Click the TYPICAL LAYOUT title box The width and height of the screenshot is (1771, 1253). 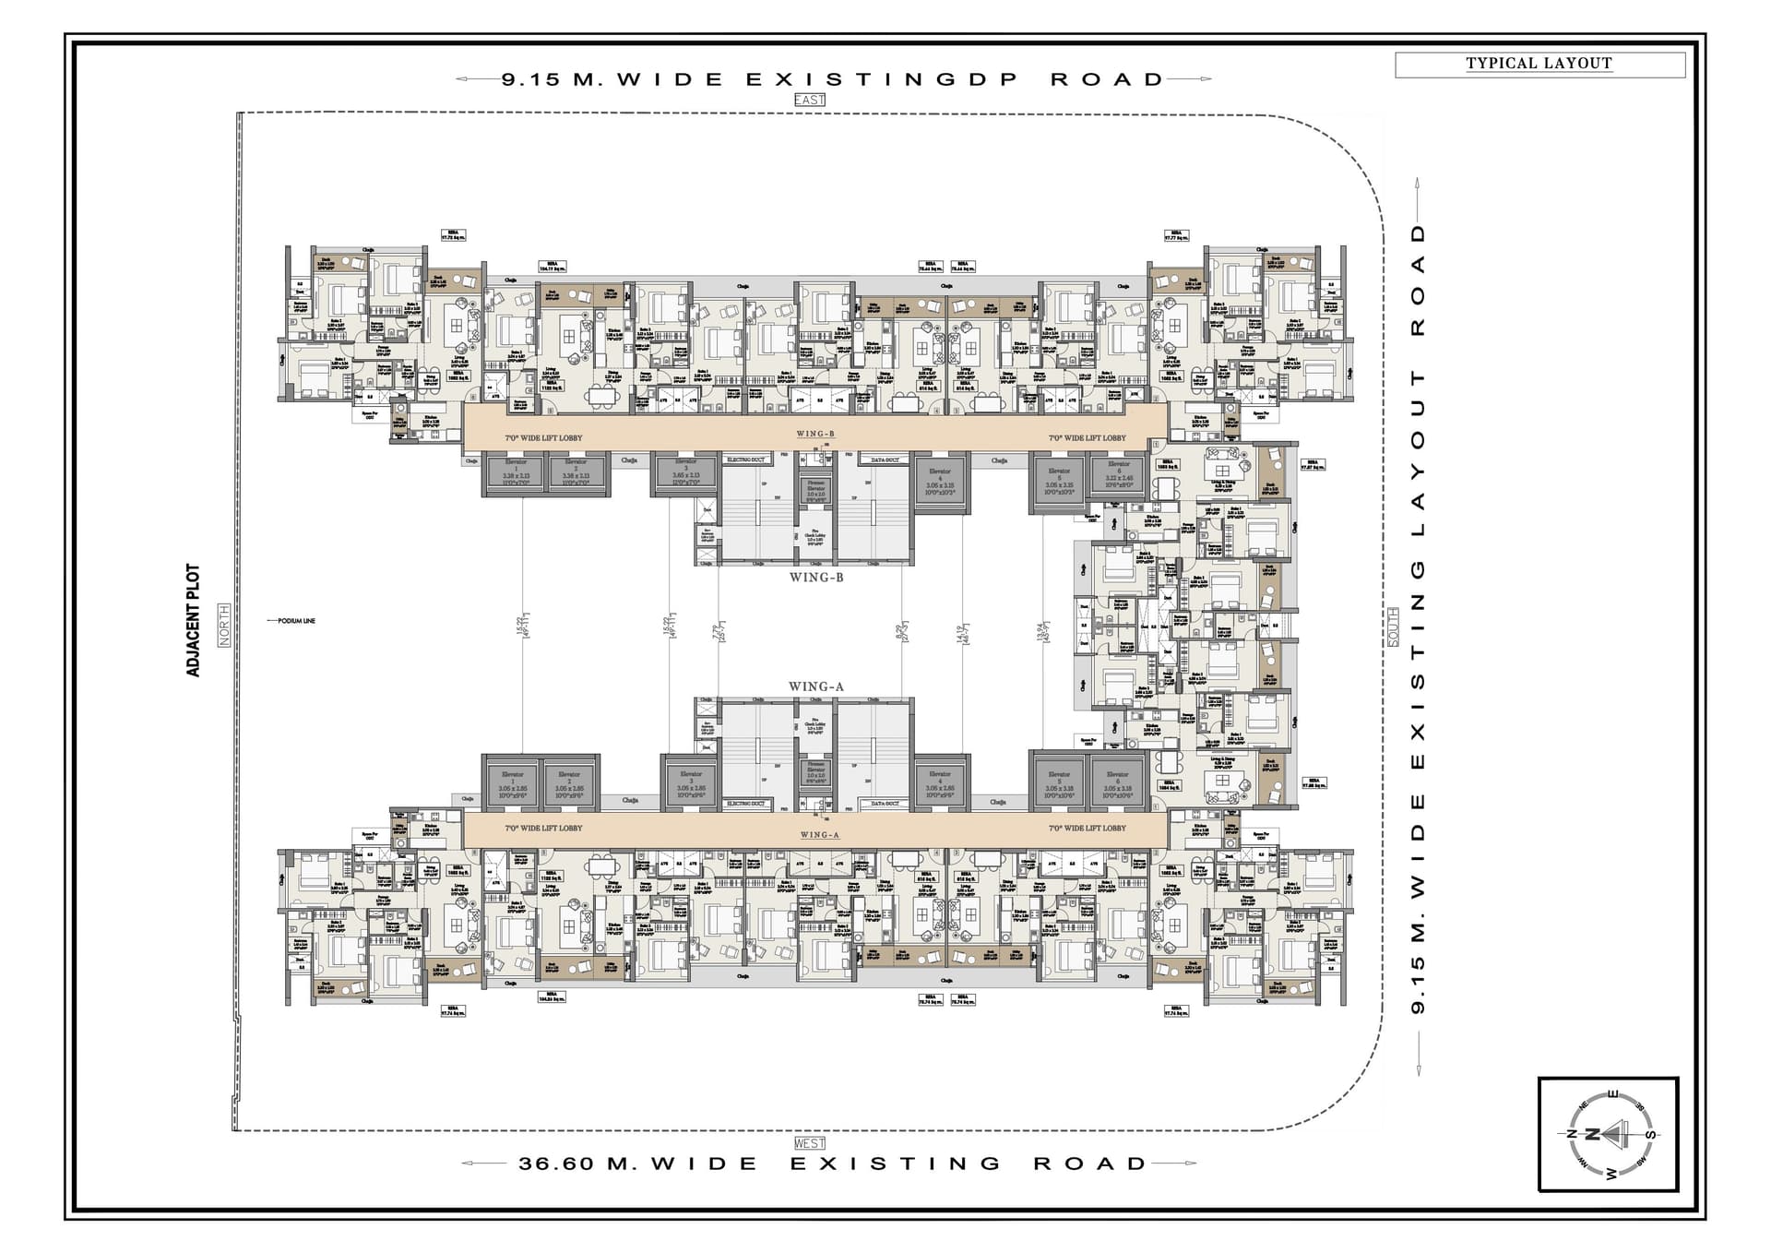pos(1539,64)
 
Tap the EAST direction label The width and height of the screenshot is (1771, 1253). pos(809,100)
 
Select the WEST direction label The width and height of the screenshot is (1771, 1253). pos(809,1143)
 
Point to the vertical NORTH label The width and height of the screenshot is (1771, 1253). pos(223,626)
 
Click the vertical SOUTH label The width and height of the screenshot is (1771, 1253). pos(1393,626)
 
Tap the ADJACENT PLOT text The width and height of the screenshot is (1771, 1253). pos(193,620)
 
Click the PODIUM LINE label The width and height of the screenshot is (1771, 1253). pos(296,621)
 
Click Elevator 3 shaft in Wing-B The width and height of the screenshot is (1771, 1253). pos(685,472)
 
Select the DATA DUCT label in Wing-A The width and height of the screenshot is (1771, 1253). pos(885,804)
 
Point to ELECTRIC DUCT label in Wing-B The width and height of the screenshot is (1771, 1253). pos(746,459)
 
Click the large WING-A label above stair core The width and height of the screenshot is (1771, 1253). pos(816,686)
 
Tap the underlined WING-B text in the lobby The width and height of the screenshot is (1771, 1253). pos(815,434)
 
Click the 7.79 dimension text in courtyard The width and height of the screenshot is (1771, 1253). pos(718,632)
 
